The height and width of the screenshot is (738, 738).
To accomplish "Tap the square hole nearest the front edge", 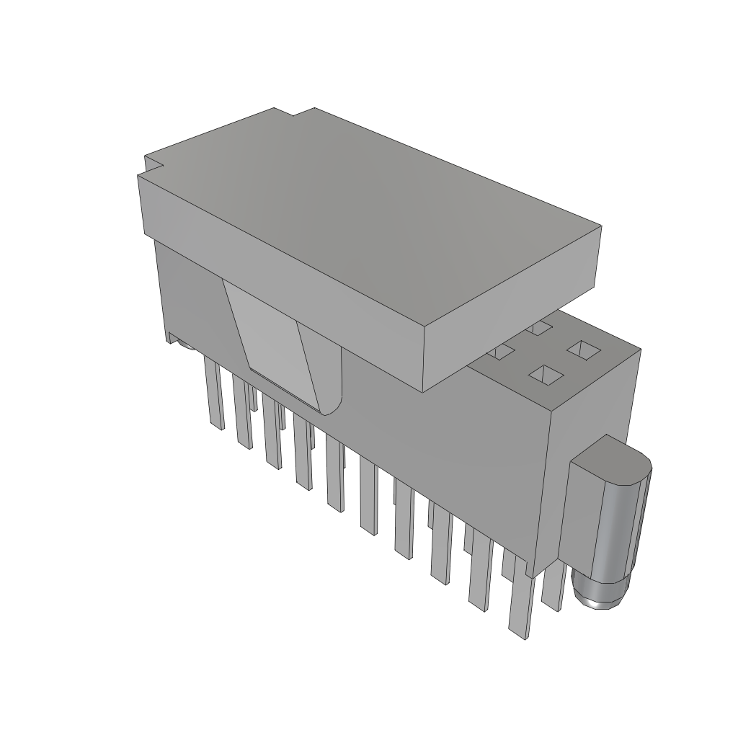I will point(546,374).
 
